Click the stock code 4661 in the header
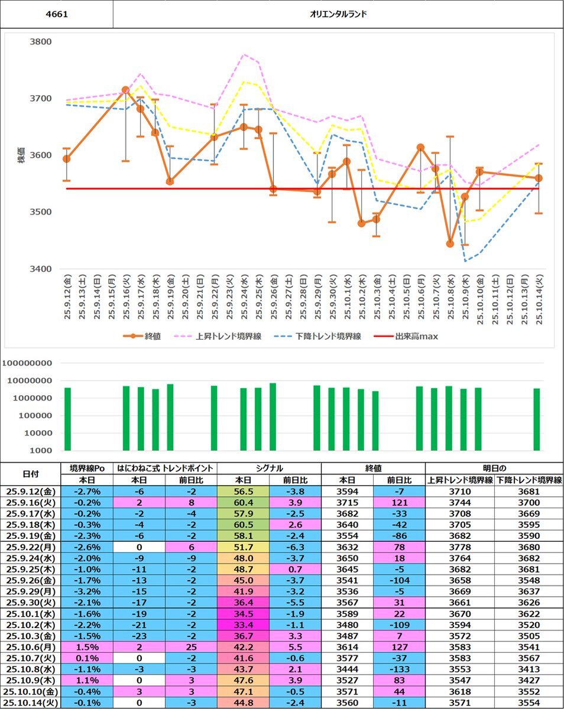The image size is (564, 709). coord(56,14)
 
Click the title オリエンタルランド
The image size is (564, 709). coord(338,14)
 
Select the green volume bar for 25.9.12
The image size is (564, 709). coord(67,419)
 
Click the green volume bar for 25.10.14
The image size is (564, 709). coord(537,419)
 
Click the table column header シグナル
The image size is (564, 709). coord(269,469)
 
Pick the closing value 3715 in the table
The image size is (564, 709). coord(346,503)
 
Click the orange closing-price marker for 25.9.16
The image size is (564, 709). coord(125,90)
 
